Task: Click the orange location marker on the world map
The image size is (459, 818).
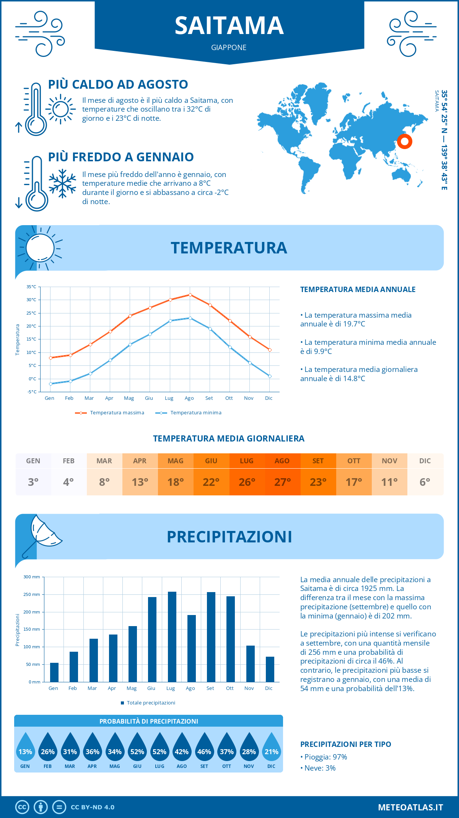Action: [404, 141]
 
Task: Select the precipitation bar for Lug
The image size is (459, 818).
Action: [172, 637]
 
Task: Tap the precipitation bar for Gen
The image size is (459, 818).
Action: [54, 672]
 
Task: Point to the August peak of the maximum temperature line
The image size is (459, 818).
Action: [190, 295]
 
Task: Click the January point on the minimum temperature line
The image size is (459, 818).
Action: [50, 384]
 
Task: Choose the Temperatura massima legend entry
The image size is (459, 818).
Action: [110, 413]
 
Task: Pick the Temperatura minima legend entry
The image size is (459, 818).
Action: [189, 413]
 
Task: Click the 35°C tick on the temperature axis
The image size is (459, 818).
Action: [31, 287]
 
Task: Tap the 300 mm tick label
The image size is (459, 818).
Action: [32, 577]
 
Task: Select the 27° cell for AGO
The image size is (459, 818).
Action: [282, 482]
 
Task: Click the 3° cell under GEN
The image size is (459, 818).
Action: [33, 482]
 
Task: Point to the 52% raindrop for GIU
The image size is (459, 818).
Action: [137, 751]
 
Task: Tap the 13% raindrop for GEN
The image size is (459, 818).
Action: [25, 751]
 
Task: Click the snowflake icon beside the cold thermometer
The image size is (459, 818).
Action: [62, 183]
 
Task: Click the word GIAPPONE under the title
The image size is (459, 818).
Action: [229, 47]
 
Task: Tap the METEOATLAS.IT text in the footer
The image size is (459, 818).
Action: [410, 807]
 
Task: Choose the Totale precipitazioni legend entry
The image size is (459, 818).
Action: [148, 703]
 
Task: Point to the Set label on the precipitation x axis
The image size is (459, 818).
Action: [210, 688]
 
